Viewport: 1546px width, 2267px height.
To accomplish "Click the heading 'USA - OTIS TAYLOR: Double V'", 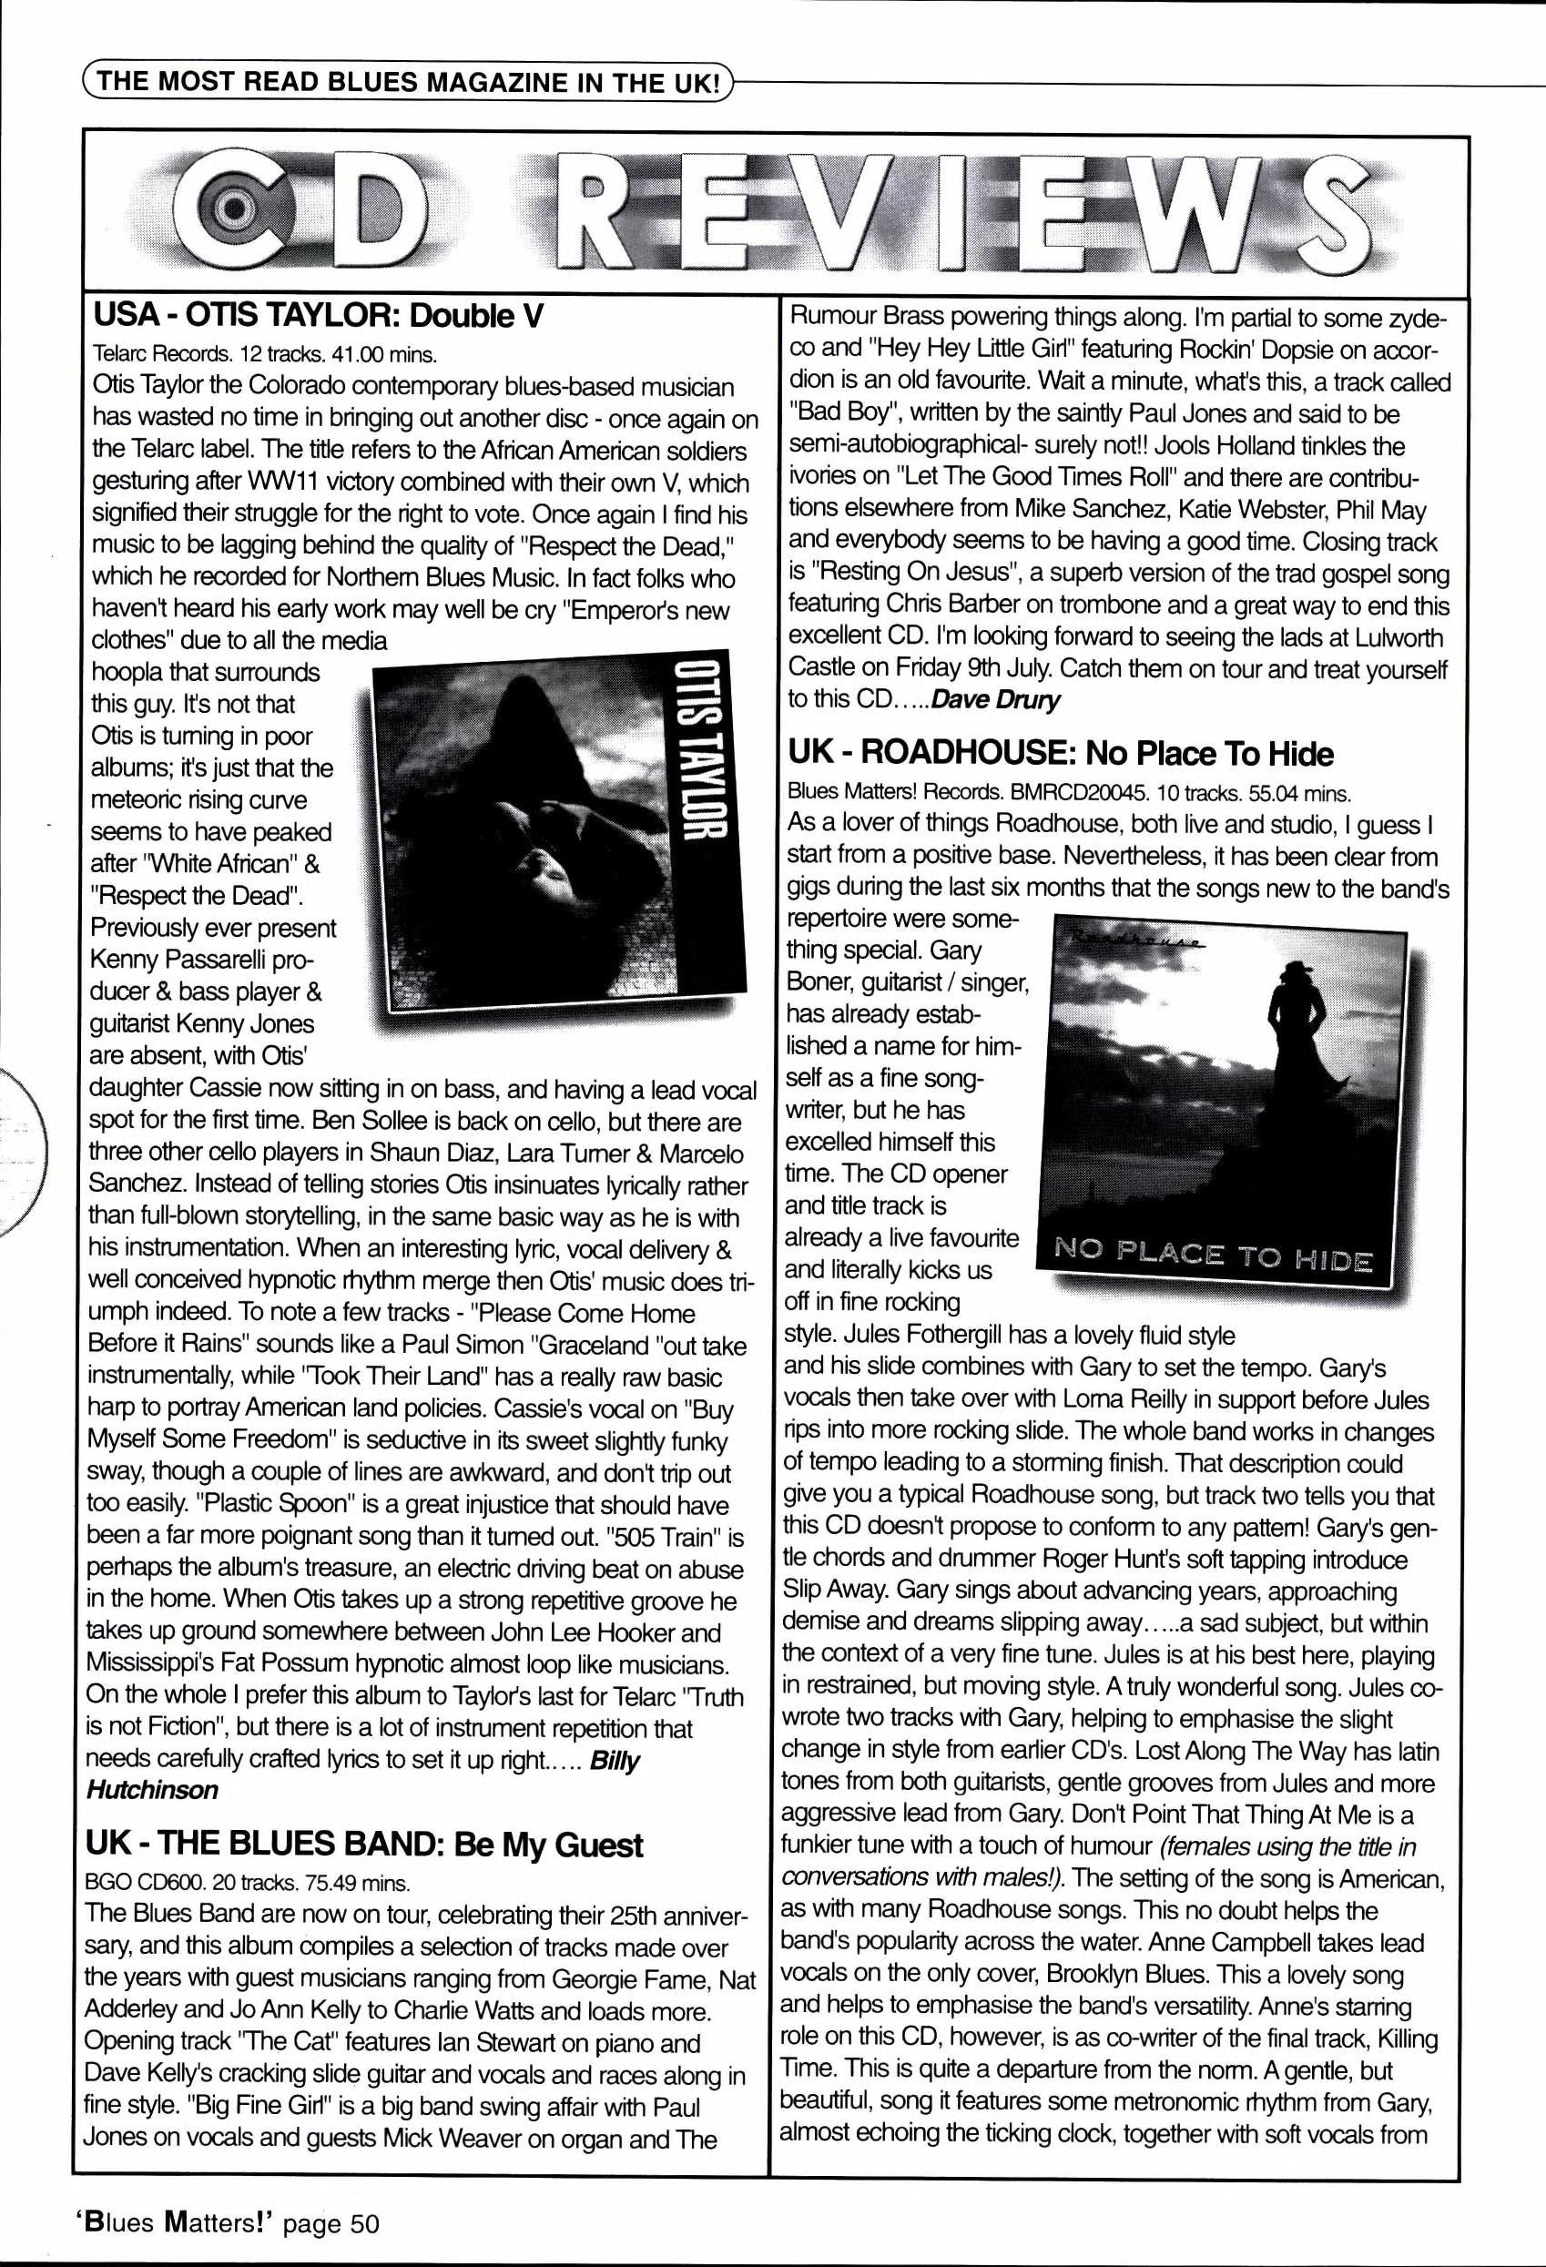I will [316, 316].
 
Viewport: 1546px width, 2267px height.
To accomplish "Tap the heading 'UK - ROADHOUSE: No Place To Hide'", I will [1059, 753].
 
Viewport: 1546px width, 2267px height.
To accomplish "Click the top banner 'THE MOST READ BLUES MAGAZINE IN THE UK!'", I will [409, 81].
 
